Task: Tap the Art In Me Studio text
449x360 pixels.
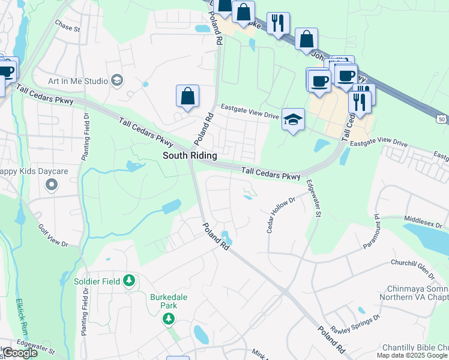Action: click(x=78, y=81)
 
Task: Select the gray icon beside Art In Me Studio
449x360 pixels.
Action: click(x=117, y=80)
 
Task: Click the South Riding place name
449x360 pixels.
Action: click(x=190, y=155)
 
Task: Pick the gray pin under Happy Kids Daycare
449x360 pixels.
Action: click(x=52, y=185)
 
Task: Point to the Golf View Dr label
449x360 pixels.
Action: click(x=53, y=236)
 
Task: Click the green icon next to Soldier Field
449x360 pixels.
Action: click(x=128, y=280)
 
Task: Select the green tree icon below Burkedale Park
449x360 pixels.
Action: click(x=169, y=319)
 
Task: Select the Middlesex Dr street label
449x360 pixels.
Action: click(x=422, y=221)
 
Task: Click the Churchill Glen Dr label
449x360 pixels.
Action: click(x=412, y=268)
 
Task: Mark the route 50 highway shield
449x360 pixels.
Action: click(x=441, y=119)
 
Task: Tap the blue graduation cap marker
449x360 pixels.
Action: click(x=293, y=120)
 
